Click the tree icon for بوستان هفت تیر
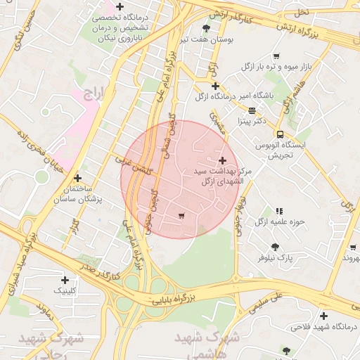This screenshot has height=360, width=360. [206, 28]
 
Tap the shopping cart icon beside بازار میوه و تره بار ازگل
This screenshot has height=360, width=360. [276, 56]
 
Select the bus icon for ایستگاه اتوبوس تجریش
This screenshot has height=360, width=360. [280, 134]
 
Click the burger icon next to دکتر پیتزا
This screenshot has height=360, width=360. [252, 110]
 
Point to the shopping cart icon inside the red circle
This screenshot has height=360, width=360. [182, 215]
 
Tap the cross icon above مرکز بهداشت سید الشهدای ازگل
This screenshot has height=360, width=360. [224, 161]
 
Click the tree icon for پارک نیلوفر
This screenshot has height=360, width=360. [274, 247]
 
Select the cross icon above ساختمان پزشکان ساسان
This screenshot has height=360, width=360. [77, 179]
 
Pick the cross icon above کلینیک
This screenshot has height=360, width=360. [65, 279]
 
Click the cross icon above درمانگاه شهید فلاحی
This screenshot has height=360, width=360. [323, 316]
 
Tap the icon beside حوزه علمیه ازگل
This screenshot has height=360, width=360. [279, 210]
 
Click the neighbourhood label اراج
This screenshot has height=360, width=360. [92, 92]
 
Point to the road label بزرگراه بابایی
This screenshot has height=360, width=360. [169, 300]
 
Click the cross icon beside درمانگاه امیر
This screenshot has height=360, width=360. [215, 86]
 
